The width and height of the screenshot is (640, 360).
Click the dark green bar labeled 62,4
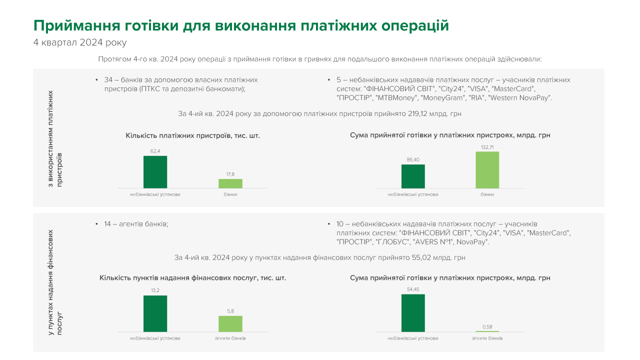pos(155,171)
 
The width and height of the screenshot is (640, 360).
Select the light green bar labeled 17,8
pos(230,183)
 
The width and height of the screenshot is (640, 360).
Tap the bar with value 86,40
pos(413,176)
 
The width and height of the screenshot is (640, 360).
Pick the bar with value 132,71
pos(487,169)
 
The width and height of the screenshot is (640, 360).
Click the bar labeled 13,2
pos(155,313)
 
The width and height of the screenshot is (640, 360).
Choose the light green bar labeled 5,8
pos(230,323)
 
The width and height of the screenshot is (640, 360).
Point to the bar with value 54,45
pos(413,312)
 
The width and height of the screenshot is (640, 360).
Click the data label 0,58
pos(487,327)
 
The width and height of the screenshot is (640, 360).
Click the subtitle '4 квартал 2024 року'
pos(80,42)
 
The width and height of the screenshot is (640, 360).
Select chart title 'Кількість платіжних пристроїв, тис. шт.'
pos(192,135)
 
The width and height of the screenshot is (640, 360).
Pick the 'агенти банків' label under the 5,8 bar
pos(230,338)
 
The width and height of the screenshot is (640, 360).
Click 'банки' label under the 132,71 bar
pos(487,194)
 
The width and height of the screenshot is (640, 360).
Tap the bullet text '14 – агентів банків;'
pos(136,224)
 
